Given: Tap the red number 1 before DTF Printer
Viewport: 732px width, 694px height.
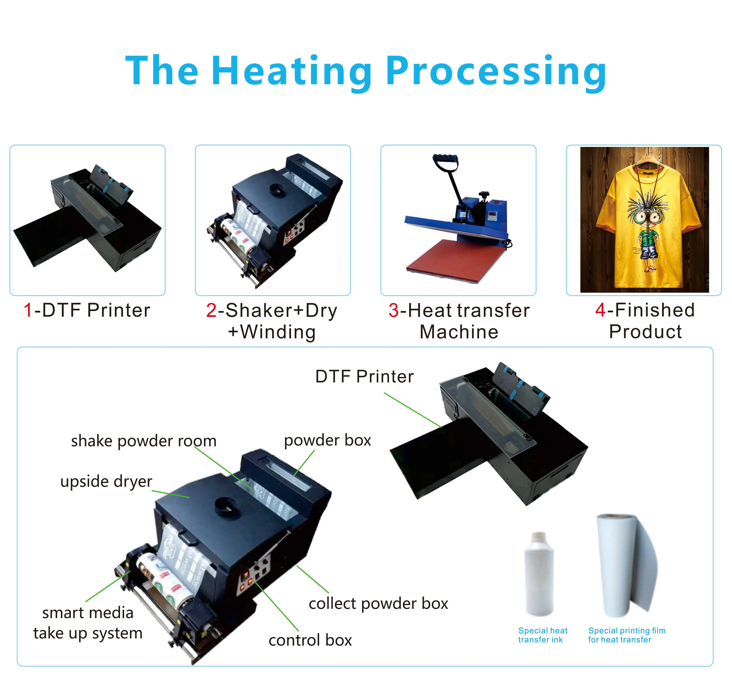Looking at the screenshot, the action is [28, 310].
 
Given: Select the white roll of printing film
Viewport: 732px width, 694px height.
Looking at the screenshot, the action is [621, 566].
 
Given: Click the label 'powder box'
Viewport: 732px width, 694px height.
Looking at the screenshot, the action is [327, 440].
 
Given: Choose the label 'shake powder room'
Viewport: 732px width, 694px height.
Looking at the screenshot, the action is [144, 441].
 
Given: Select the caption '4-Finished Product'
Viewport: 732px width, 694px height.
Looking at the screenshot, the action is [645, 321].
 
